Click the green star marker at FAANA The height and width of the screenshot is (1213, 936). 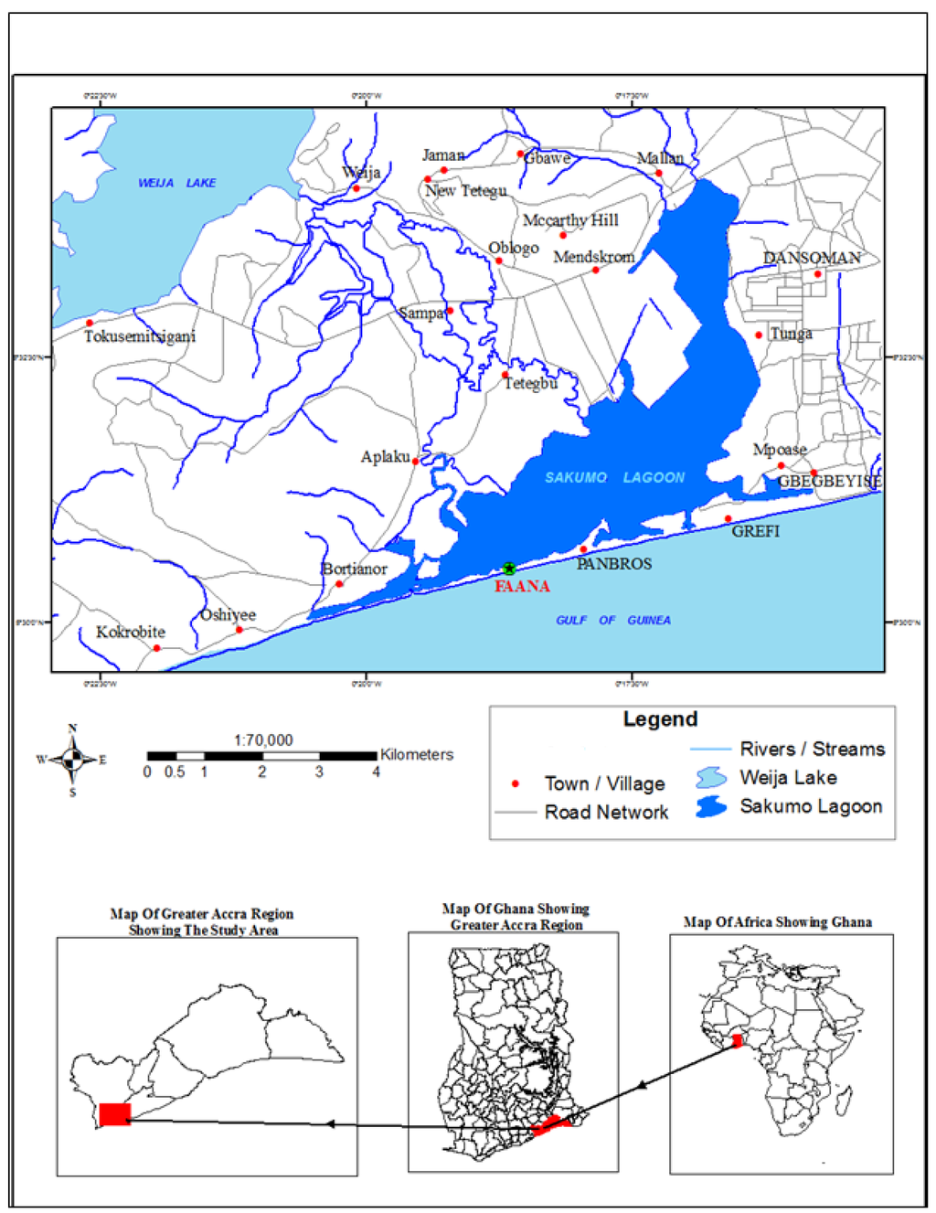pos(509,569)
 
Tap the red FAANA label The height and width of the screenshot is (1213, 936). pos(522,586)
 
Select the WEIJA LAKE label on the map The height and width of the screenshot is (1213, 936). pos(176,183)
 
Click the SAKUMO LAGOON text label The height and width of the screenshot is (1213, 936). pos(614,477)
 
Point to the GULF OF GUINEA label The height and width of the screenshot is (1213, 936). pos(612,620)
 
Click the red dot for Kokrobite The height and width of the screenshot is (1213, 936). pos(156,648)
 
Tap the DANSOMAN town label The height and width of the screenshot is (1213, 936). pos(812,258)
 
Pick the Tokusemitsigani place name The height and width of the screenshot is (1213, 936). pos(140,336)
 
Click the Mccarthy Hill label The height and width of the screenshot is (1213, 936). pos(570,220)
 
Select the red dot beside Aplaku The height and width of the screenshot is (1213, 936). pos(415,461)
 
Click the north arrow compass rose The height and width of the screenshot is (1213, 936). pos(72,760)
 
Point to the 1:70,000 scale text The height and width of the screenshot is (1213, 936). pos(263,740)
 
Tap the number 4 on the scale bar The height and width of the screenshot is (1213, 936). pos(376,772)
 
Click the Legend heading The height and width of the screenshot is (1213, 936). pos(660,719)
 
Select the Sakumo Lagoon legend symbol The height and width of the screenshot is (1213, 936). pos(711,807)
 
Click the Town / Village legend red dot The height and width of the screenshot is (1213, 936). pos(516,783)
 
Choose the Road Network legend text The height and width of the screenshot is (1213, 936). pos(606,812)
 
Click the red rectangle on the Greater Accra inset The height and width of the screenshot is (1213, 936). pos(114,1114)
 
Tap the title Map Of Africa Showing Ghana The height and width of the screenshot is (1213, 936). pos(777,921)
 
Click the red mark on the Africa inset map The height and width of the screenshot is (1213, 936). pos(738,1041)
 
